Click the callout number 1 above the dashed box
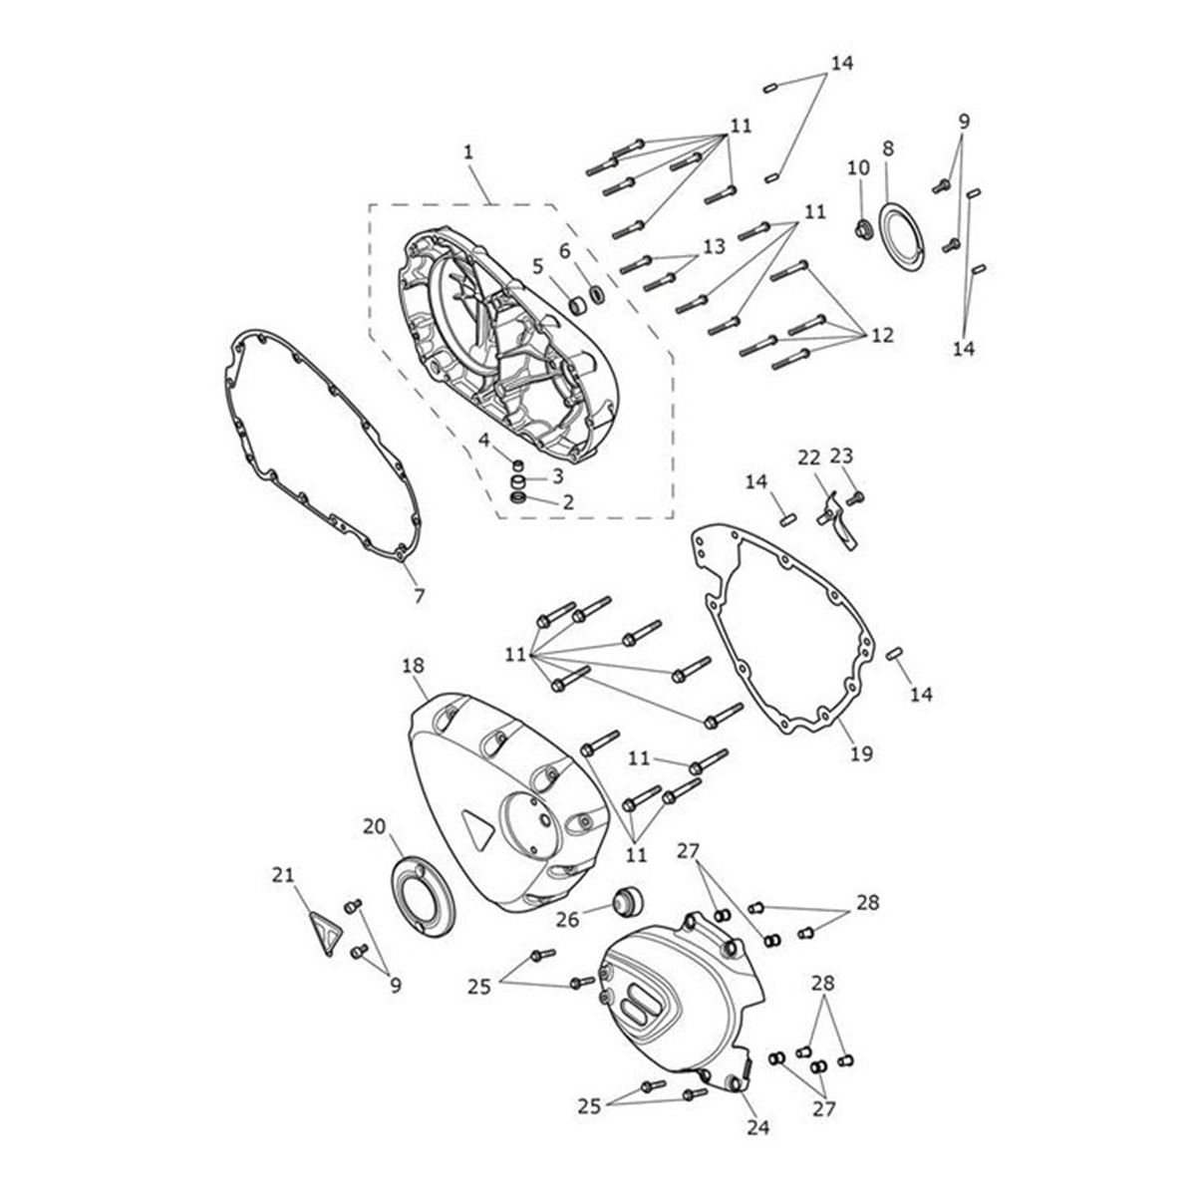coord(468,152)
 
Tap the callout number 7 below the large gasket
coord(420,596)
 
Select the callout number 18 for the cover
coord(414,666)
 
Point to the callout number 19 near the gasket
coord(861,754)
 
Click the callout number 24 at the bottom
coord(758,1127)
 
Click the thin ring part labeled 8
coord(902,237)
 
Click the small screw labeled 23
coord(857,497)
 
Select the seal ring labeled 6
coord(597,294)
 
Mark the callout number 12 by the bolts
coord(883,336)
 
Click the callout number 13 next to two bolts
coord(715,247)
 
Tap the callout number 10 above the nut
coord(859,168)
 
